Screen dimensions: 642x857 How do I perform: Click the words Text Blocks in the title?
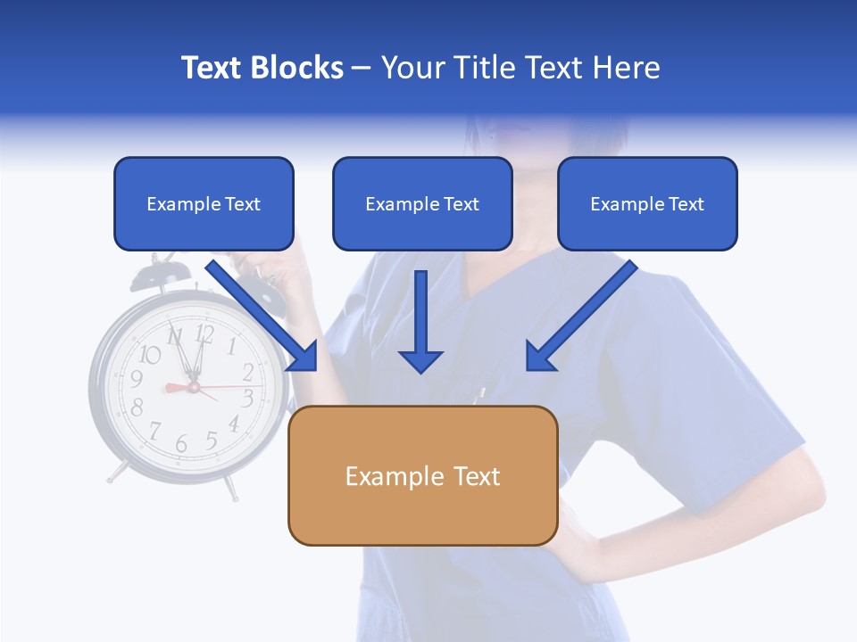(x=262, y=68)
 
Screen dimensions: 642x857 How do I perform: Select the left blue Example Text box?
(x=204, y=204)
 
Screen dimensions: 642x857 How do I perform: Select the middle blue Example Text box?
(x=422, y=204)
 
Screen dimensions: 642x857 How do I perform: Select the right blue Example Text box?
(x=647, y=204)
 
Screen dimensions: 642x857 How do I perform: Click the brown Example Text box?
(x=422, y=476)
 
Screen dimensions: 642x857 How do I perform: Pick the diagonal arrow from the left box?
(x=263, y=317)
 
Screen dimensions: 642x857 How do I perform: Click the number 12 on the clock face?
(x=204, y=334)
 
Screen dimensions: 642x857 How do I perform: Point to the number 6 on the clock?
(x=181, y=443)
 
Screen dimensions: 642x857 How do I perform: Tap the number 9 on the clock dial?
(x=137, y=380)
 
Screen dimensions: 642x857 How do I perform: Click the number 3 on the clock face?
(x=248, y=398)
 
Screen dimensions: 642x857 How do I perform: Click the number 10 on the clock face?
(x=150, y=355)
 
